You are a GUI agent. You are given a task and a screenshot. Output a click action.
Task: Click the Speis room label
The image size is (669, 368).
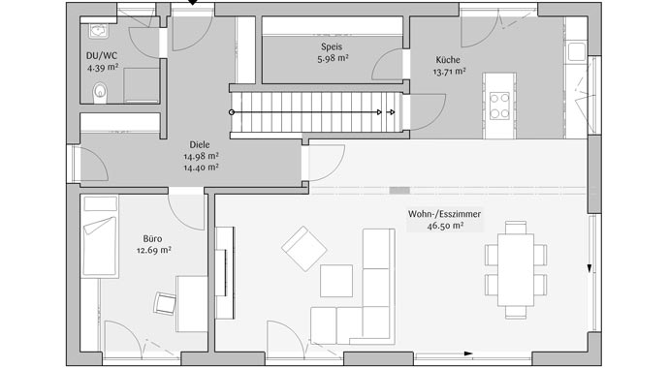click(333, 46)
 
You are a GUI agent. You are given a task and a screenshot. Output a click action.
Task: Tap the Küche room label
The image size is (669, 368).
click(450, 59)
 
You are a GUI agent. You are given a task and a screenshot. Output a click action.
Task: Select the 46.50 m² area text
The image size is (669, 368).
click(447, 226)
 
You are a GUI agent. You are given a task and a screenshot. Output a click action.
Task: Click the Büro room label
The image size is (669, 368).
click(152, 237)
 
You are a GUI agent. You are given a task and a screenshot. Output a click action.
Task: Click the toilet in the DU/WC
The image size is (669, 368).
click(99, 93)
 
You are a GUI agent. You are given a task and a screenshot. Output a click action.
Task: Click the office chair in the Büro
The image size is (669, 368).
click(165, 302)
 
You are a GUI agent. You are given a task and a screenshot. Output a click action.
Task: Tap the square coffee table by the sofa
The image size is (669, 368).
click(336, 280)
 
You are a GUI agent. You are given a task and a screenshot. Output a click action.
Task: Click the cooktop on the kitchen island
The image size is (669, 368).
click(500, 105)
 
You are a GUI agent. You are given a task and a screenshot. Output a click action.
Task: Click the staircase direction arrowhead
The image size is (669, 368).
click(391, 111)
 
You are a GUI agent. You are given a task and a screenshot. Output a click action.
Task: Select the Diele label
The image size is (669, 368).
click(201, 144)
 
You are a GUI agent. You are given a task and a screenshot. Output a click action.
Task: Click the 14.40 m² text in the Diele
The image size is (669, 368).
click(201, 167)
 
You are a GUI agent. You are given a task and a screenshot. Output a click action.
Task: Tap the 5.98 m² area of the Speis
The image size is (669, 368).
click(333, 58)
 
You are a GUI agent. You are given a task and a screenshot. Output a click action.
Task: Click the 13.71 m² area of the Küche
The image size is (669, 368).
click(450, 71)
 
